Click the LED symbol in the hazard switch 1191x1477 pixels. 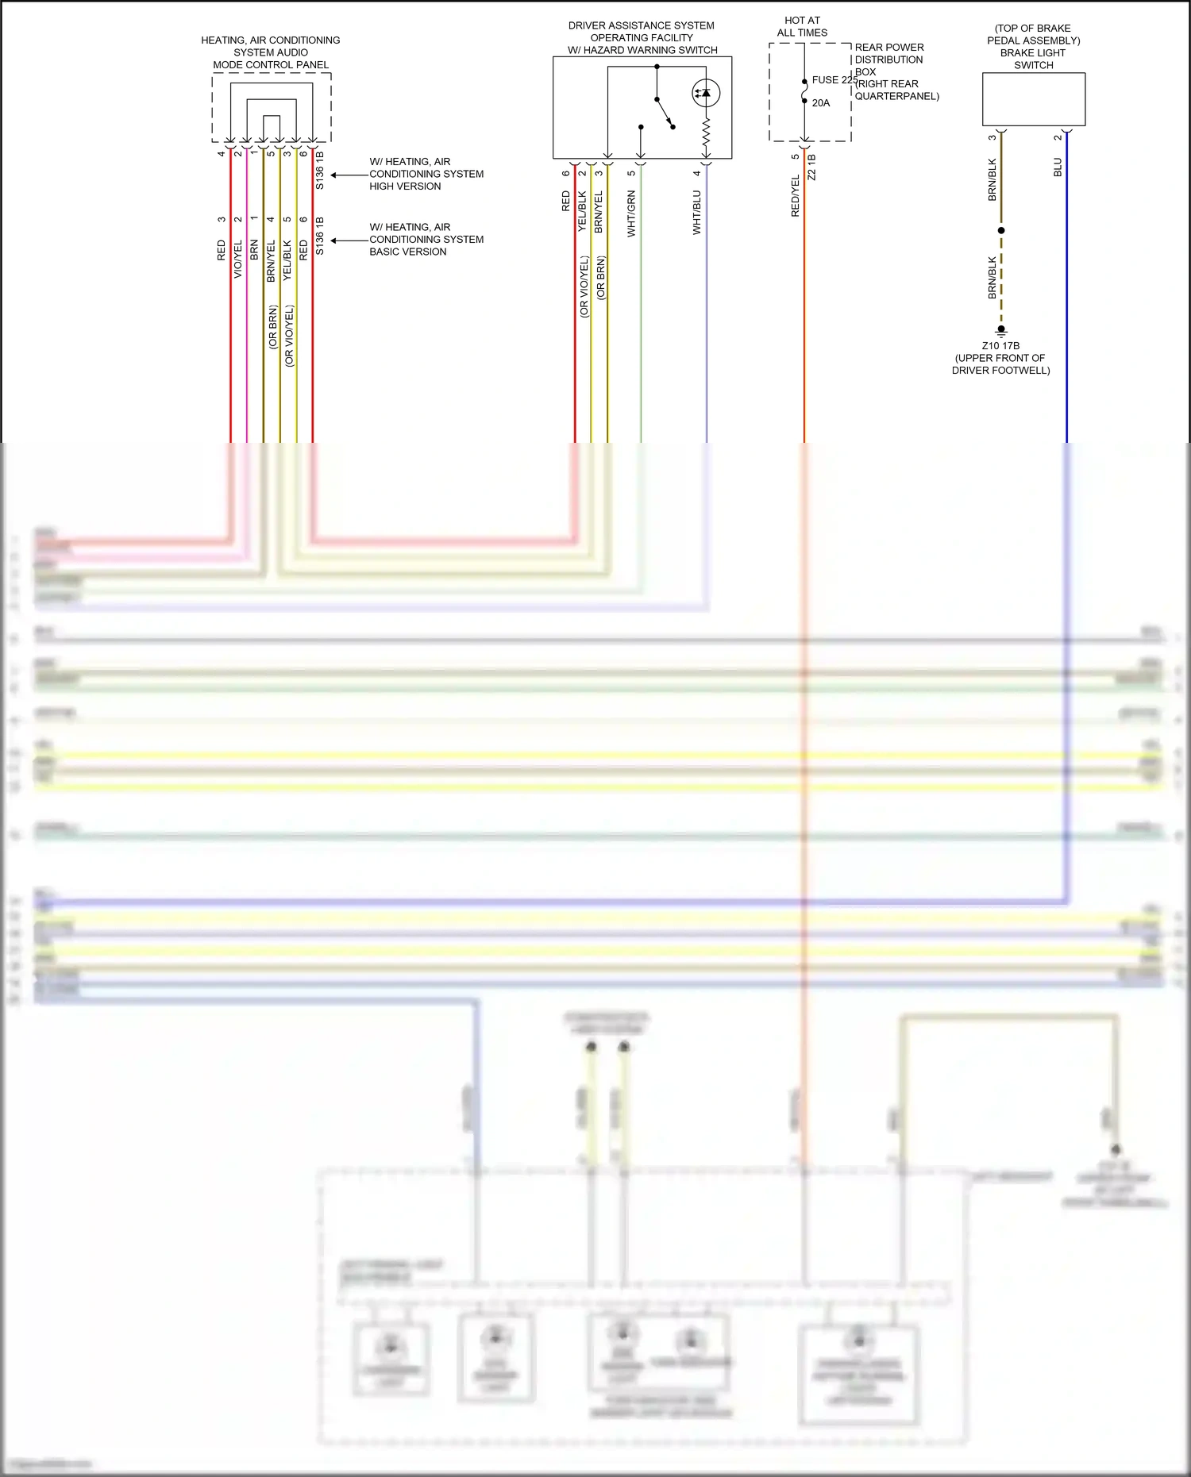[x=705, y=93]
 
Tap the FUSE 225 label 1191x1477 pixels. [x=834, y=80]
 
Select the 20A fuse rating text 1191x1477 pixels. [x=821, y=103]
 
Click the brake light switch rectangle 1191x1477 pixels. [x=1033, y=99]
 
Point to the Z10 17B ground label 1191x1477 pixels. [x=1000, y=346]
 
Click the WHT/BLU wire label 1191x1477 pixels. [x=697, y=213]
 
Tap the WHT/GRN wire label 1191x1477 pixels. [x=632, y=213]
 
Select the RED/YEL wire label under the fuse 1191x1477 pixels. [x=796, y=196]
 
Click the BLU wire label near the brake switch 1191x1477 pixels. [x=1058, y=167]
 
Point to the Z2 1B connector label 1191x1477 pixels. [x=811, y=167]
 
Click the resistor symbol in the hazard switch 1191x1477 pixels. [x=706, y=135]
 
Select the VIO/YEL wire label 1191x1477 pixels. [x=238, y=259]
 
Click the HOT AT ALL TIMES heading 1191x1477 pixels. [x=802, y=26]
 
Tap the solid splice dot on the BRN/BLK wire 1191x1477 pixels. [x=1001, y=231]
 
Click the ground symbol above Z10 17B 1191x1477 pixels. [x=1001, y=331]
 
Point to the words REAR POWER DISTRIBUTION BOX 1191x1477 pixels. [x=889, y=60]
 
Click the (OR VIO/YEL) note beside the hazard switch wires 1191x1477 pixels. [x=584, y=287]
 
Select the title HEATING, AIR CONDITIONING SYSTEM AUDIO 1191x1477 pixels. [x=271, y=46]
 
